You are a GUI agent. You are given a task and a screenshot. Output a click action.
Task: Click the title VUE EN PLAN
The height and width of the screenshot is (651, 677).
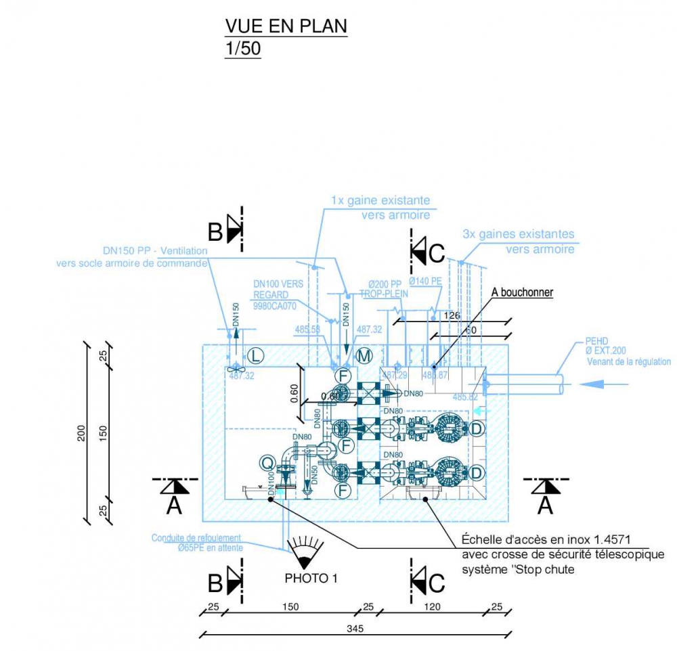tap(286, 26)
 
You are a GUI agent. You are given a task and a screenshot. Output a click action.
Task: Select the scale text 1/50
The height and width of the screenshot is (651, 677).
tap(242, 49)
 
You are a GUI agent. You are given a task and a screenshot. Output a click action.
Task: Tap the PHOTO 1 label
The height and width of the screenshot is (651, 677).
tap(311, 579)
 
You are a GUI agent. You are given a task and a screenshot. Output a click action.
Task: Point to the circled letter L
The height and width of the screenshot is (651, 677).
tap(255, 355)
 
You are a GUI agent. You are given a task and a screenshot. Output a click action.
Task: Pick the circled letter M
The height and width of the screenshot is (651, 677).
tap(365, 355)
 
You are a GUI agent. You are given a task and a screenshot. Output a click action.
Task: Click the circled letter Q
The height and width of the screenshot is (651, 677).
tap(268, 463)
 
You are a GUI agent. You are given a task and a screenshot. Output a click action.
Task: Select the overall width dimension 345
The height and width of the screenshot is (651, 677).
tap(355, 629)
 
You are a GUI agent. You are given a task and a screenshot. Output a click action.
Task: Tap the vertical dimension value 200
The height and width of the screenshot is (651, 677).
tap(81, 432)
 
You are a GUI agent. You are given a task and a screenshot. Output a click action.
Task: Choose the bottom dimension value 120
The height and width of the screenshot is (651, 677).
tap(432, 606)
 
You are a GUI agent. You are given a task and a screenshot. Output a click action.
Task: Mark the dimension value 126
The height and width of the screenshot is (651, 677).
tap(452, 315)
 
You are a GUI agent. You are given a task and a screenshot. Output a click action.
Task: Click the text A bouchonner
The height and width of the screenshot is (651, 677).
tap(522, 292)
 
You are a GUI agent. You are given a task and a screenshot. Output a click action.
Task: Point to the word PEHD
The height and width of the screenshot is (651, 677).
tap(598, 341)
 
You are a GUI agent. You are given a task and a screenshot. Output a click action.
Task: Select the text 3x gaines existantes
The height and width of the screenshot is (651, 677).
tap(518, 234)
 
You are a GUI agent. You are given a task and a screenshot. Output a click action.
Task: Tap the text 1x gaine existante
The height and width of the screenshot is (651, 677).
tap(380, 200)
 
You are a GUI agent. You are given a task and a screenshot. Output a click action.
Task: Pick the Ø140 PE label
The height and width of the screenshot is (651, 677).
tap(424, 281)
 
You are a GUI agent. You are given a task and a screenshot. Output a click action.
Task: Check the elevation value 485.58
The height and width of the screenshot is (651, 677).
tap(307, 330)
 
